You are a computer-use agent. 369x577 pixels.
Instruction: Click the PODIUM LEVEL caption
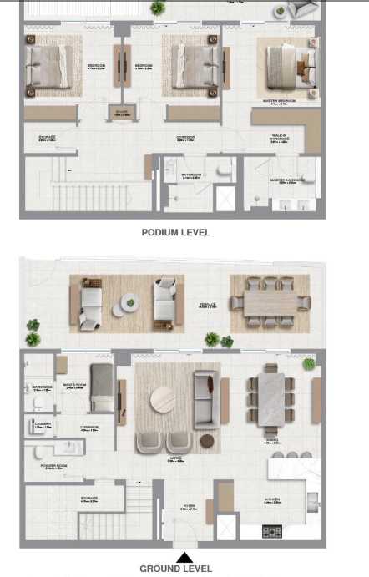tap(175, 233)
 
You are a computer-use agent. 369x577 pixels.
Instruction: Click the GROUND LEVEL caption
tap(175, 569)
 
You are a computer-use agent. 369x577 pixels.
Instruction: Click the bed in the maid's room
tap(100, 388)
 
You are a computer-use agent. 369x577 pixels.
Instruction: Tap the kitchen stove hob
tap(273, 530)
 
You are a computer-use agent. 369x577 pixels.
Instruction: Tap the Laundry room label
tap(43, 425)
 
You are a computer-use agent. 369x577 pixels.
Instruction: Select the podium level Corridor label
tap(185, 137)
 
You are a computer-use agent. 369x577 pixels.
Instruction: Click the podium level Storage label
tap(47, 138)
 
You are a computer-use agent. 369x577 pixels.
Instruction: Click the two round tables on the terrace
tap(128, 305)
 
